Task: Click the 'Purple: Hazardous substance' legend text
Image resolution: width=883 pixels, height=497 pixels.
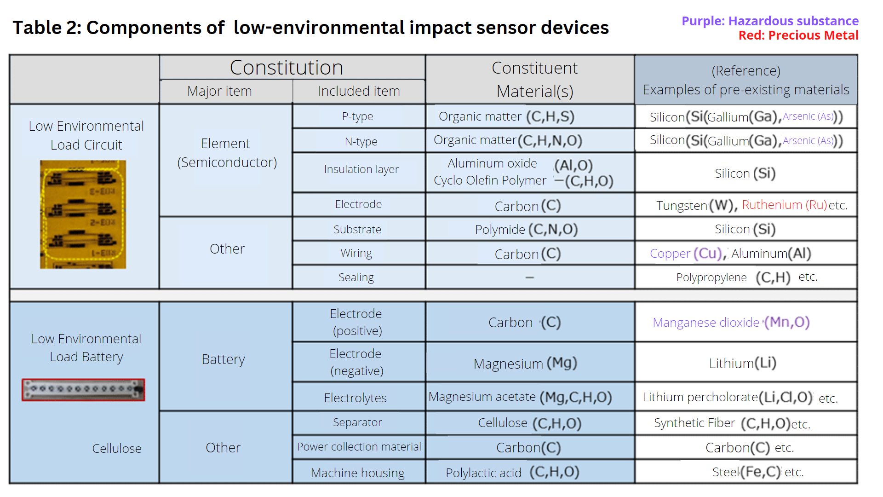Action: click(770, 21)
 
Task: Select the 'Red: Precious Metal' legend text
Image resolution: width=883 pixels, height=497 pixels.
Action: click(798, 35)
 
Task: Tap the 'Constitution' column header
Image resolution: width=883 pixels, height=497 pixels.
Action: click(286, 68)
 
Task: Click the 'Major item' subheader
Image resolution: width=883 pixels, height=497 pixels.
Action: click(219, 91)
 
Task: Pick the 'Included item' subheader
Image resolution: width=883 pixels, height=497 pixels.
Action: click(359, 91)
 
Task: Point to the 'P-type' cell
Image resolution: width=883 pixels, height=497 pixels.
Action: click(357, 116)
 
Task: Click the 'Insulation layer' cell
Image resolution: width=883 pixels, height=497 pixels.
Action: click(361, 169)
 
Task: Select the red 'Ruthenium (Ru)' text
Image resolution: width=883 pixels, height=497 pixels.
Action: click(784, 205)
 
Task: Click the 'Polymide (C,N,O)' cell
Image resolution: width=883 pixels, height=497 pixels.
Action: click(526, 229)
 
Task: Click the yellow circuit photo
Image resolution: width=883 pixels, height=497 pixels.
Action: click(83, 214)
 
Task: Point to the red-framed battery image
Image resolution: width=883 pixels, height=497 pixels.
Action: click(83, 390)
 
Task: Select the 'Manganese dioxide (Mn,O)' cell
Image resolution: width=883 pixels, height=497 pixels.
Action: click(731, 322)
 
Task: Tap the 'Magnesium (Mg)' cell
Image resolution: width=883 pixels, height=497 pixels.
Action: click(525, 364)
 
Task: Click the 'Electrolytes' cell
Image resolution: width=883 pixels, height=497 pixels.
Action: click(355, 398)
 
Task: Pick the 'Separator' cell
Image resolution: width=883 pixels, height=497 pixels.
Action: click(357, 422)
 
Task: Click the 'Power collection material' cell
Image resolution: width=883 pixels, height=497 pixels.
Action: click(359, 447)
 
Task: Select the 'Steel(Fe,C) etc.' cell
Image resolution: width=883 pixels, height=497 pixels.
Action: click(757, 472)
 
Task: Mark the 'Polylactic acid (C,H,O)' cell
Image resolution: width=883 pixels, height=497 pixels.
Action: click(512, 472)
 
